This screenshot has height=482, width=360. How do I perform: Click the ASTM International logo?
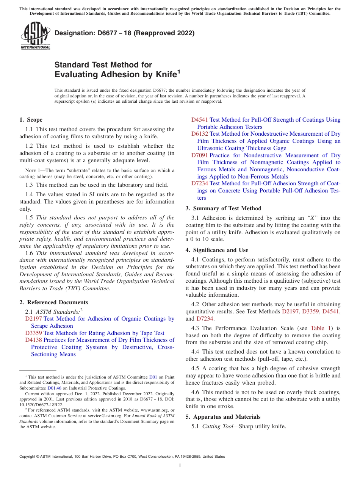coord(35,36)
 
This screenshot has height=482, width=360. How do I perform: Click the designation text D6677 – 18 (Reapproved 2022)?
coord(124,33)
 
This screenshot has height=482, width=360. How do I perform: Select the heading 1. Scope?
coord(31,120)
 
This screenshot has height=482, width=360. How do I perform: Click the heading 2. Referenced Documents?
coord(53,302)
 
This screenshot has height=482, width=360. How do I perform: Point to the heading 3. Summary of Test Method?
coord(223,208)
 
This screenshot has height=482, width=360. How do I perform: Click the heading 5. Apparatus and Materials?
coord(223,417)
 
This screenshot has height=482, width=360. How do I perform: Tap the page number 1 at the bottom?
coord(180,466)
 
